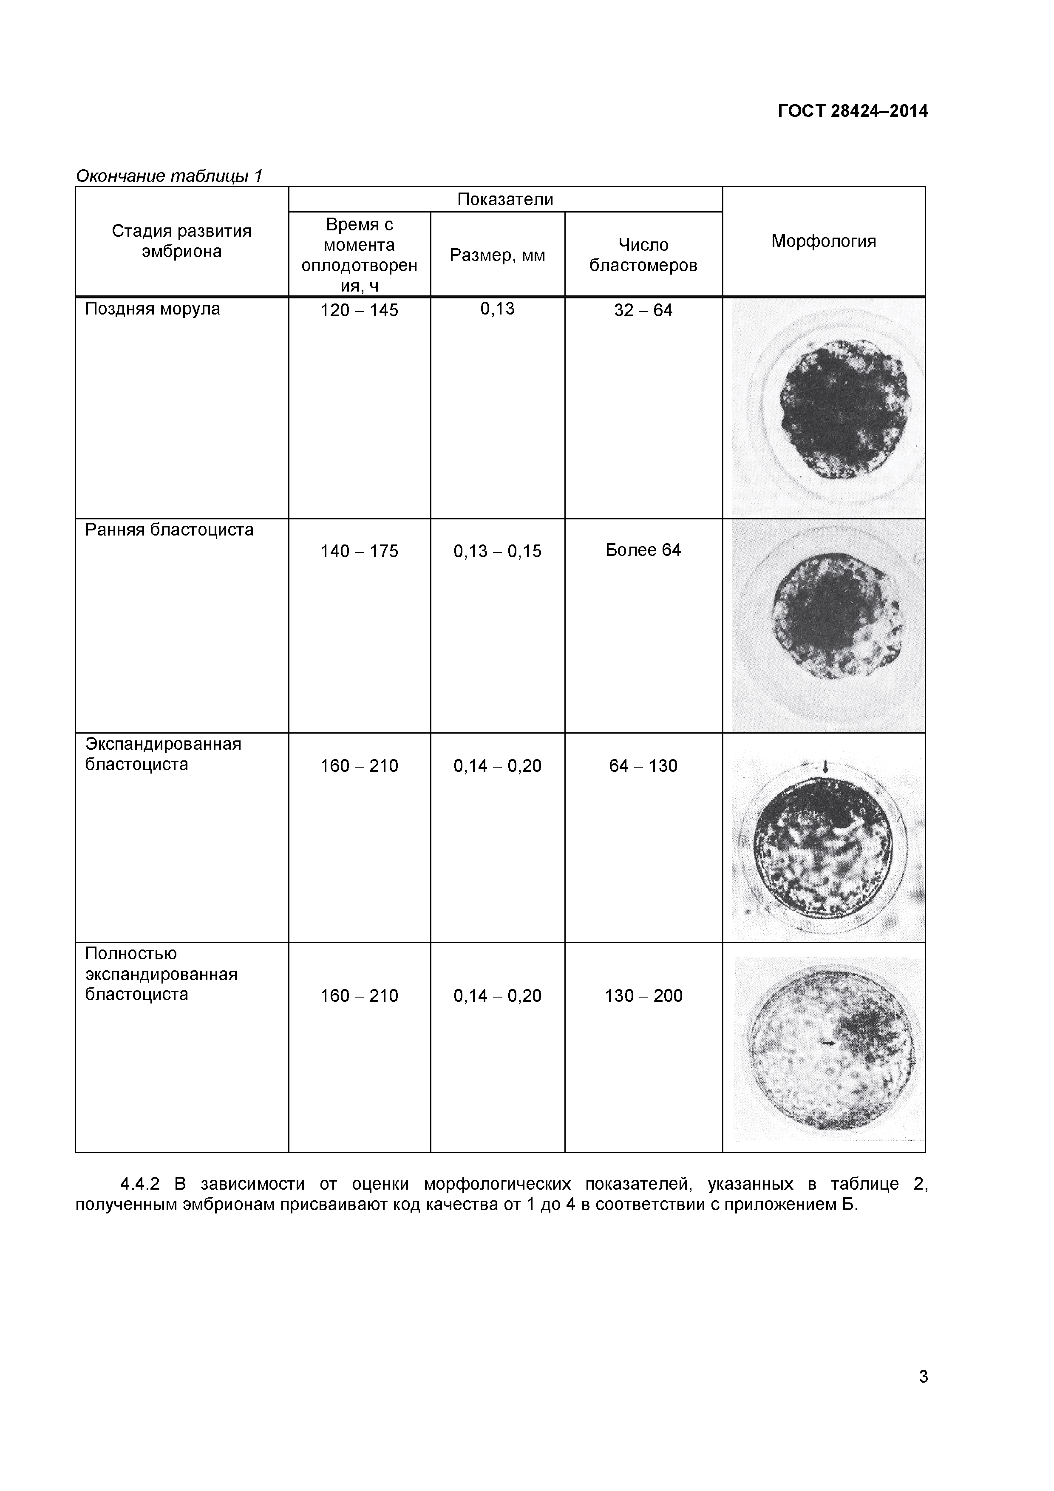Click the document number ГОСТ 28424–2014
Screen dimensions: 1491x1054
(x=853, y=112)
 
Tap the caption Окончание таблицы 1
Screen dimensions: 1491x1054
(x=169, y=176)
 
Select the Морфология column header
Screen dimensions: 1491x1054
(x=824, y=241)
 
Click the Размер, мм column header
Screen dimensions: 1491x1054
(x=497, y=255)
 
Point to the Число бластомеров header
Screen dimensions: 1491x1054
(x=643, y=255)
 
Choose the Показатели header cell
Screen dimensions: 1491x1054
(x=505, y=199)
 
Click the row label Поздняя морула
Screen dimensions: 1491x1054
(x=153, y=309)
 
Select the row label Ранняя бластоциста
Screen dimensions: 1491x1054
(x=169, y=530)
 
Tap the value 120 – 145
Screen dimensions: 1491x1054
(x=359, y=310)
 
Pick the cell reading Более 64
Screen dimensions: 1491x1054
(x=643, y=550)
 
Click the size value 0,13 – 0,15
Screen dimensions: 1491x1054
(x=497, y=551)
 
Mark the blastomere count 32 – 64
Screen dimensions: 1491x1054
(x=643, y=310)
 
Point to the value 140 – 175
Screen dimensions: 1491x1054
(x=359, y=551)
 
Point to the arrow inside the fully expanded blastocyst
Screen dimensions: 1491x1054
(x=829, y=1042)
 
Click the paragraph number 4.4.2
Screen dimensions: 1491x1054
(x=140, y=1184)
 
